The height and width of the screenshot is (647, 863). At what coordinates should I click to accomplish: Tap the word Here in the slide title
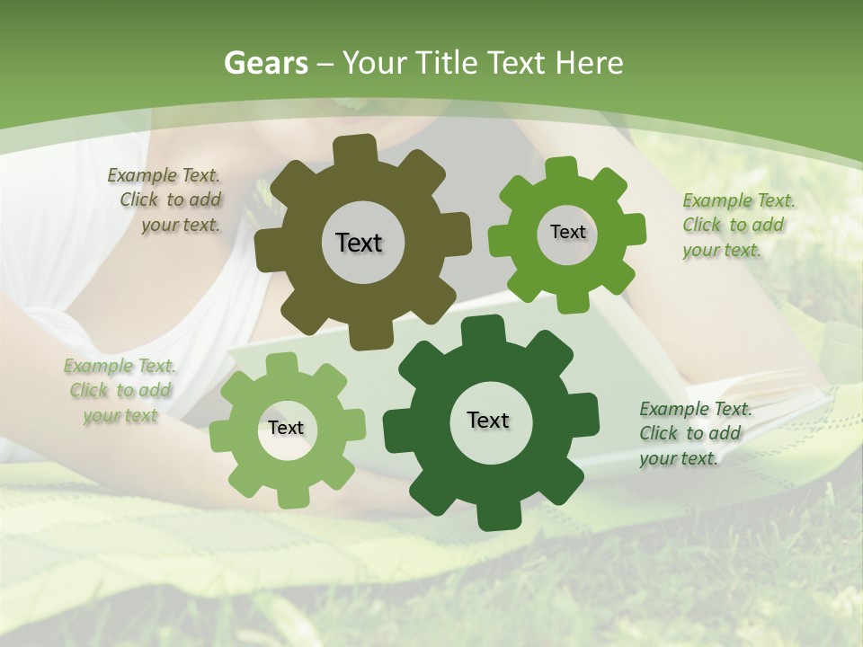point(589,63)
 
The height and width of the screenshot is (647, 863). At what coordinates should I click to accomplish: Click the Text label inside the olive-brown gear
point(359,243)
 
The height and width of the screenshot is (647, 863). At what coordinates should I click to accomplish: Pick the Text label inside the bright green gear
point(567,232)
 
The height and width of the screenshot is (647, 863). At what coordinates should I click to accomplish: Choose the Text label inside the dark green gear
point(488,420)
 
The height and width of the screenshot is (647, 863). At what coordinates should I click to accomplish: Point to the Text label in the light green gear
point(286,428)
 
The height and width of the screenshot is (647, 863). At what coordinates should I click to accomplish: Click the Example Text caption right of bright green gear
point(738,225)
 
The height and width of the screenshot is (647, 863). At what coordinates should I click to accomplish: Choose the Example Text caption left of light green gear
point(120,390)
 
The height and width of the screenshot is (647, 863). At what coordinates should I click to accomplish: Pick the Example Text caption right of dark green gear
point(695,433)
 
